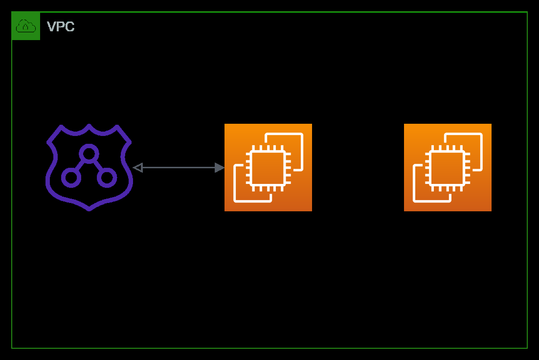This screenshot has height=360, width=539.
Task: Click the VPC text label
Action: (x=61, y=26)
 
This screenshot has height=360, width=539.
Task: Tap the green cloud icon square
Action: (x=26, y=26)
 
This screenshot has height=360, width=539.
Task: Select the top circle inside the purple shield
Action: (x=89, y=154)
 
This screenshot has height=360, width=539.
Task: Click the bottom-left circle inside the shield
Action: (x=71, y=178)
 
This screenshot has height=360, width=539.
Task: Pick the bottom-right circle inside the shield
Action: (x=107, y=178)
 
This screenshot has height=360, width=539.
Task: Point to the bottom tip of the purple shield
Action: (x=89, y=209)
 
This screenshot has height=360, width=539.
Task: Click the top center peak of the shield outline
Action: (x=89, y=126)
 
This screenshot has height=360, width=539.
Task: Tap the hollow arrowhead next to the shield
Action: (x=137, y=168)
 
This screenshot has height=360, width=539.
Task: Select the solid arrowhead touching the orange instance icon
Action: (x=220, y=168)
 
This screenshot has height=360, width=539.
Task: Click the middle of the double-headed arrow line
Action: (x=179, y=168)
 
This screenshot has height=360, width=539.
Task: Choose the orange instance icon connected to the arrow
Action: (x=268, y=167)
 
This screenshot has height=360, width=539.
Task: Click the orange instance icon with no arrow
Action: (x=448, y=167)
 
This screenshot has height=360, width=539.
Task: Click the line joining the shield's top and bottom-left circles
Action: (x=80, y=166)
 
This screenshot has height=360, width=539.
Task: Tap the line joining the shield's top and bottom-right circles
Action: (x=98, y=166)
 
